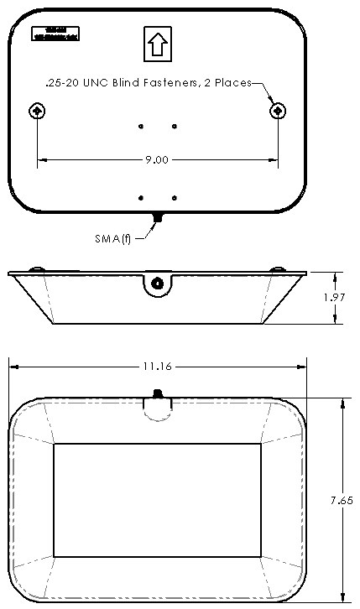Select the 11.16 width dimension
click(x=157, y=367)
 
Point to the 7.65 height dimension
click(x=341, y=499)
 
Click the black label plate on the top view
click(x=55, y=34)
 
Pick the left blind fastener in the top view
click(x=37, y=111)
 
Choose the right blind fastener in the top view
click(x=277, y=111)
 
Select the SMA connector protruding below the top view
click(x=157, y=218)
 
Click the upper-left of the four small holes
click(x=141, y=127)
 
